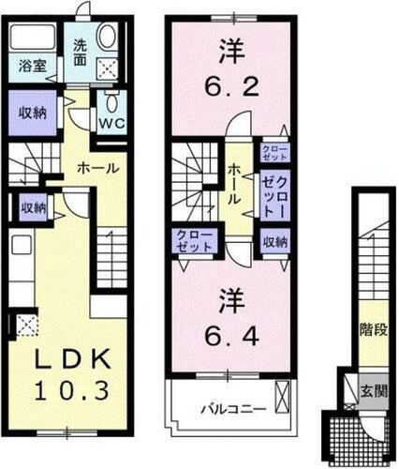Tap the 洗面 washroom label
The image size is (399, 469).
point(81,52)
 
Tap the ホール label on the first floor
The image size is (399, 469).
point(97,169)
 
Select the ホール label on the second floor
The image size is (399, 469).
point(234,183)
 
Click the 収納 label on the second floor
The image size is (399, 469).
point(274,241)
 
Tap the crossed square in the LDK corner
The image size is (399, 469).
point(27,325)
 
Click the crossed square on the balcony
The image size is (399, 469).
point(283,395)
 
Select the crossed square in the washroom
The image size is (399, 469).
point(107,67)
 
